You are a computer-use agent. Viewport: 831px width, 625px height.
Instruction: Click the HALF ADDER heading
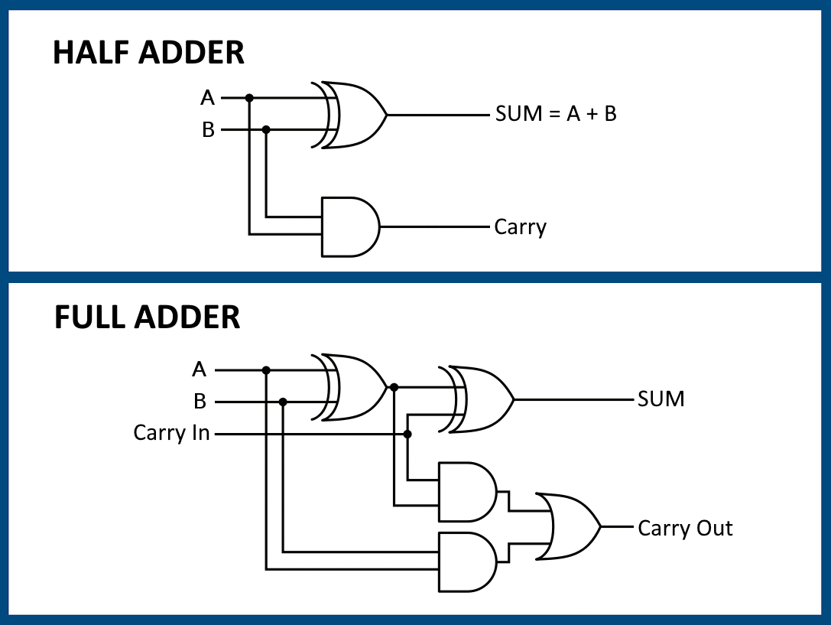click(x=148, y=53)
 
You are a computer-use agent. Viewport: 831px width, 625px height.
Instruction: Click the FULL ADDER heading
click(x=147, y=317)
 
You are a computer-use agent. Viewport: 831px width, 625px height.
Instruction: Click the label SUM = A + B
click(x=556, y=115)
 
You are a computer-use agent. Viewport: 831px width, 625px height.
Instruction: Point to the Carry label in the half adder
click(x=520, y=227)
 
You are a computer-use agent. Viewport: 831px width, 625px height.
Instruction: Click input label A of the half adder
click(x=207, y=98)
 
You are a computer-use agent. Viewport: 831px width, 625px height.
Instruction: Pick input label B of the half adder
click(x=208, y=130)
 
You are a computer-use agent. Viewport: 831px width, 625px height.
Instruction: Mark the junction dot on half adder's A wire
click(x=249, y=98)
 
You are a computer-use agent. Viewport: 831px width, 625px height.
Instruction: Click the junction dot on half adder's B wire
click(x=266, y=130)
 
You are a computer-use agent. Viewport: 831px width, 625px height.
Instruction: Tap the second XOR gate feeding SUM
click(x=480, y=399)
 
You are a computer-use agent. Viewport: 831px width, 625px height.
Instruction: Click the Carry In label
click(x=171, y=433)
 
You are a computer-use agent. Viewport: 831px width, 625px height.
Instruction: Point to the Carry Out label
click(x=685, y=528)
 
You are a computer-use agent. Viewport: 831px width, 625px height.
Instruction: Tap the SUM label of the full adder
click(x=661, y=399)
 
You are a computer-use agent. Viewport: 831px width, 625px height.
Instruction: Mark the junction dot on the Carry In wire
click(x=407, y=434)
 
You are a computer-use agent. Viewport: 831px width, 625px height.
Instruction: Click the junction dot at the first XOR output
click(x=394, y=387)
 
